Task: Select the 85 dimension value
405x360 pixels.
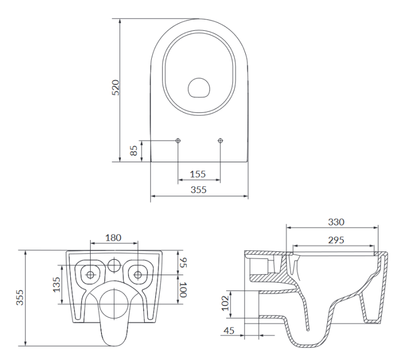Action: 134,150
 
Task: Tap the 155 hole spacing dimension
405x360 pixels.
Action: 198,174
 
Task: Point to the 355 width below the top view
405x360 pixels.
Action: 198,190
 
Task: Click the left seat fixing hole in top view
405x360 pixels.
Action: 178,141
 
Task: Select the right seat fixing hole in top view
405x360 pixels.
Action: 220,141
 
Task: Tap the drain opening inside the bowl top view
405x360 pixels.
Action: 199,88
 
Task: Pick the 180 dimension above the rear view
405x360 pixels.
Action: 113,237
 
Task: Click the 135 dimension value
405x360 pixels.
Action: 57,284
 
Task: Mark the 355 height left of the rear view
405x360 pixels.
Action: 19,298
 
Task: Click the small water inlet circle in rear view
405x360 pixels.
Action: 113,266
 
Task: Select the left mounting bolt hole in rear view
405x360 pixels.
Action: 90,275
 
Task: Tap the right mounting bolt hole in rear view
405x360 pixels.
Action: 138,275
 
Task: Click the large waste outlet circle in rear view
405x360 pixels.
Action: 113,301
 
